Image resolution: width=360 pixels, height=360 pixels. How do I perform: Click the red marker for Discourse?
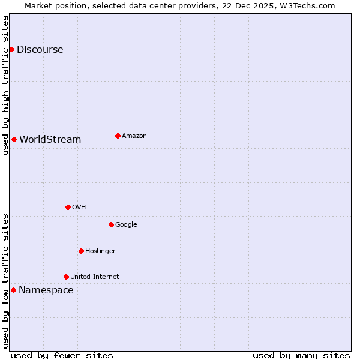click(11, 49)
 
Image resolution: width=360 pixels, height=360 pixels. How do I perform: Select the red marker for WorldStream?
click(14, 139)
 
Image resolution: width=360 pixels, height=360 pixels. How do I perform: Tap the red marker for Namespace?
click(13, 290)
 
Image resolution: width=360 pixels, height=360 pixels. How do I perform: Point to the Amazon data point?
click(118, 136)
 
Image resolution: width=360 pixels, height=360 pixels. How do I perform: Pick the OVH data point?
click(68, 207)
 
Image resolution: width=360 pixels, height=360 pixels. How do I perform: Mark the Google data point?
click(111, 224)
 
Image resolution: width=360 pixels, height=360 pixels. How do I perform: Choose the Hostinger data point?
click(81, 251)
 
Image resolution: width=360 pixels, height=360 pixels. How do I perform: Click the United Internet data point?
click(66, 277)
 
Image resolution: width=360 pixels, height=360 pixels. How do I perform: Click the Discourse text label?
click(40, 50)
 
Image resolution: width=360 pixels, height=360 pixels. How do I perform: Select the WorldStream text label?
click(50, 140)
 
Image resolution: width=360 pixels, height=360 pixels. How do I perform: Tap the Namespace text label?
click(46, 290)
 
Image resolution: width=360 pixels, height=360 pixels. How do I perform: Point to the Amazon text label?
click(134, 136)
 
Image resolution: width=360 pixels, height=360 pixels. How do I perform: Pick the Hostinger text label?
click(100, 251)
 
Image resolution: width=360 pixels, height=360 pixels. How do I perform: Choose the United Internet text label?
click(95, 277)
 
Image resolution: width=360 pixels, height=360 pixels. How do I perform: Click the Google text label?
click(126, 225)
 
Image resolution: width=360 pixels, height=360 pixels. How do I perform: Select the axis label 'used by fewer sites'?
click(62, 355)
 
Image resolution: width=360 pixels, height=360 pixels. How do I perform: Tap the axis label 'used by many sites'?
click(301, 355)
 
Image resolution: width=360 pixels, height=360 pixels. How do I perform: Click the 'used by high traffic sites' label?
click(6, 85)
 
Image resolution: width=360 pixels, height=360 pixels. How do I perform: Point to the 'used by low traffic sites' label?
click(6, 281)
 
